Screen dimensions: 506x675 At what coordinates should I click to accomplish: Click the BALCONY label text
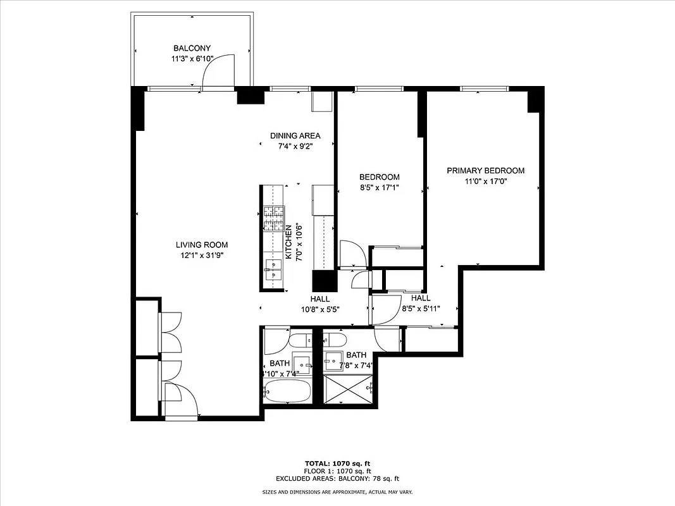pyautogui.click(x=192, y=48)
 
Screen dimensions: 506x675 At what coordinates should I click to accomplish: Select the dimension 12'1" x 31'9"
pyautogui.click(x=201, y=256)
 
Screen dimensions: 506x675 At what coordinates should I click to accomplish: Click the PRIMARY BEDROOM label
pyautogui.click(x=485, y=171)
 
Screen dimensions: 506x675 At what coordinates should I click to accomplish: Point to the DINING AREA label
pyautogui.click(x=295, y=135)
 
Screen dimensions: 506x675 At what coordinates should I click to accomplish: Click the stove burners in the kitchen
pyautogui.click(x=275, y=218)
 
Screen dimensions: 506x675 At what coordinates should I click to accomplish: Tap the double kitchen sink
pyautogui.click(x=274, y=269)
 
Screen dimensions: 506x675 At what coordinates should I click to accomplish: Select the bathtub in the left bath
pyautogui.click(x=287, y=391)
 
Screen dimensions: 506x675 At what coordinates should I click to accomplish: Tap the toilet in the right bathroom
pyautogui.click(x=334, y=340)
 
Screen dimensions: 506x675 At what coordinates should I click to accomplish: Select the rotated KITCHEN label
pyautogui.click(x=288, y=242)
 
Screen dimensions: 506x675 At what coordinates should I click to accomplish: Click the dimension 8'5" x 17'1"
pyautogui.click(x=379, y=187)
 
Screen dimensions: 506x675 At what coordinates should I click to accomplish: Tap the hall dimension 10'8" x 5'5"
pyautogui.click(x=321, y=309)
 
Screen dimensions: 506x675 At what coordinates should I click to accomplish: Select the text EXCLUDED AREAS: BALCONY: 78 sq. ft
pyautogui.click(x=337, y=479)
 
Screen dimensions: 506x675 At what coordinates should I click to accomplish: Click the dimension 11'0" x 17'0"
pyautogui.click(x=485, y=181)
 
